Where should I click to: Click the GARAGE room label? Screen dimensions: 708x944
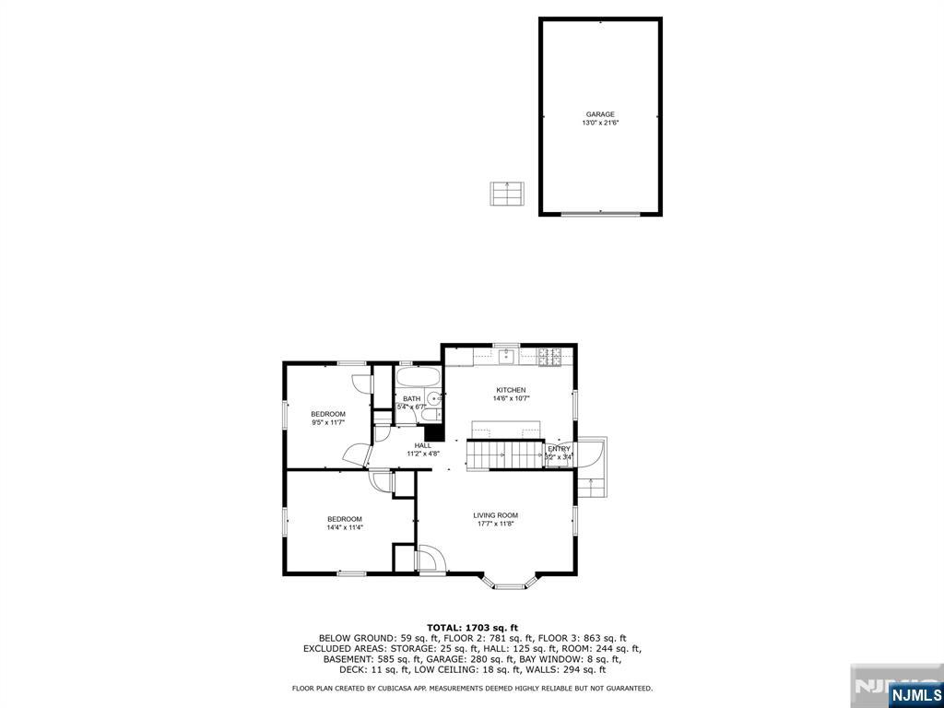point(600,114)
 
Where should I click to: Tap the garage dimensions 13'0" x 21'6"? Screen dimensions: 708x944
point(600,124)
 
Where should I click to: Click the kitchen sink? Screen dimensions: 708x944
point(506,356)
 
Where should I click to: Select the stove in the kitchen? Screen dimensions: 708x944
point(549,355)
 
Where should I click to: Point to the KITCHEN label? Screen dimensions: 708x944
point(511,390)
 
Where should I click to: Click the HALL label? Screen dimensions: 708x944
point(423,445)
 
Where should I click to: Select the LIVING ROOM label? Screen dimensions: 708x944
point(496,515)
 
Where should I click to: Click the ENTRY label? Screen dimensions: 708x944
point(560,449)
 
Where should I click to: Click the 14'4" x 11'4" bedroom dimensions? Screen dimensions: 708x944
point(345,528)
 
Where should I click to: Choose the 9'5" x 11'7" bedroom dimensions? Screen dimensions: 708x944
point(328,423)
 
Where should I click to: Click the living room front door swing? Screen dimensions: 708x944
point(429,560)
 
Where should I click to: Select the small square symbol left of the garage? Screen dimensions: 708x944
point(506,194)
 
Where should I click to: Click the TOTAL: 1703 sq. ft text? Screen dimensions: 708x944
point(472,627)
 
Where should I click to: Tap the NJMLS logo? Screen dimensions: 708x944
point(915,694)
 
